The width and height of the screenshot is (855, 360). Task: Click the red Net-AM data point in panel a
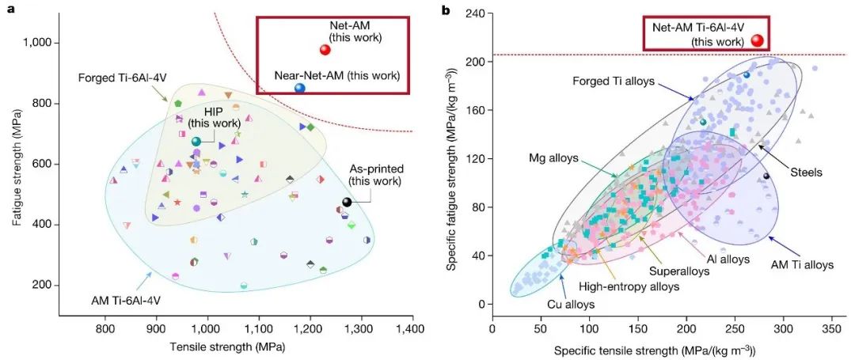click(x=325, y=50)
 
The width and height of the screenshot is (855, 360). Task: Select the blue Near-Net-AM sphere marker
click(x=300, y=89)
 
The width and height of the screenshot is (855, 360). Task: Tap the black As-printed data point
click(x=347, y=203)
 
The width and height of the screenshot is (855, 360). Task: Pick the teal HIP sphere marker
click(x=196, y=141)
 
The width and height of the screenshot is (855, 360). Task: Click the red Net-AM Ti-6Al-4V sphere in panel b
click(x=758, y=40)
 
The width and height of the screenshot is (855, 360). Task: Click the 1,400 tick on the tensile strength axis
click(x=411, y=327)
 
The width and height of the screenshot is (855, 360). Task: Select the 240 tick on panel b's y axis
click(x=476, y=13)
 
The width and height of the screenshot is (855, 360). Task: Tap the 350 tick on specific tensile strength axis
click(x=831, y=327)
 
